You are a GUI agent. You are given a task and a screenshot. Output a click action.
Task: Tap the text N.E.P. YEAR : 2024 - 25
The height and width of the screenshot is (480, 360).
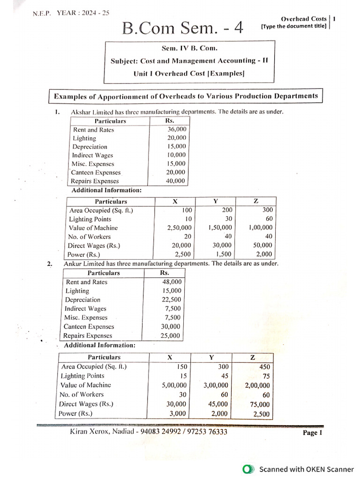pos(71,13)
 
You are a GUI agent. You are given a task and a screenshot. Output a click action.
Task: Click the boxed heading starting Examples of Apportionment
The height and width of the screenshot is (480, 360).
pos(186,96)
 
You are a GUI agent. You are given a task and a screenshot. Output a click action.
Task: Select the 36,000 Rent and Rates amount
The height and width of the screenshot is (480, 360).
pos(177,130)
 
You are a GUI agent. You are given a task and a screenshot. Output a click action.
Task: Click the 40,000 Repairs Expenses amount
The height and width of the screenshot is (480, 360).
pos(177,181)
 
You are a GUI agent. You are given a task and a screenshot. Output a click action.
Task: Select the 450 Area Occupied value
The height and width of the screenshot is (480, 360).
pos(264,367)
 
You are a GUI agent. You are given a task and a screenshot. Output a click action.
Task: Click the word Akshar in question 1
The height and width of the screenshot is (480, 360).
pos(80,112)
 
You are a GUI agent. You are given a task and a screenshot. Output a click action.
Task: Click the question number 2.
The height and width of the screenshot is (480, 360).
pos(50,264)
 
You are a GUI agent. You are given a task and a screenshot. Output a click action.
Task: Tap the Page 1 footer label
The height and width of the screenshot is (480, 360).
pos(313,433)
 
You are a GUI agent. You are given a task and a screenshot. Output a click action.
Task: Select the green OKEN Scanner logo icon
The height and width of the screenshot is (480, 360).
pos(247,469)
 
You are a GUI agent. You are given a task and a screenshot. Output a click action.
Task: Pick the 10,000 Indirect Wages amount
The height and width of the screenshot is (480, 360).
pos(177,155)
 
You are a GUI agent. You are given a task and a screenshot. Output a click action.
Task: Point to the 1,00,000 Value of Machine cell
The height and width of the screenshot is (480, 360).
pos(260,228)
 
